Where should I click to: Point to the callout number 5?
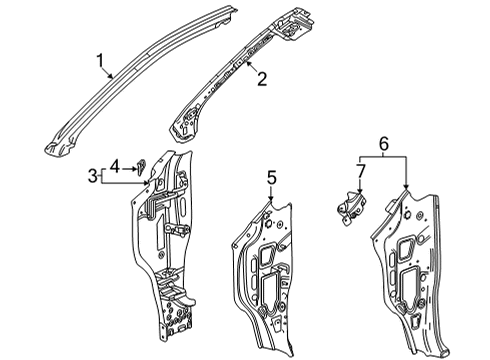pyautogui.click(x=269, y=177)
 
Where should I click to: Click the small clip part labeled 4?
pyautogui.click(x=141, y=161)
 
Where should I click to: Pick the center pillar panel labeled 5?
pyautogui.click(x=265, y=270)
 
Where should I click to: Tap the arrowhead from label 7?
pyautogui.click(x=359, y=193)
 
